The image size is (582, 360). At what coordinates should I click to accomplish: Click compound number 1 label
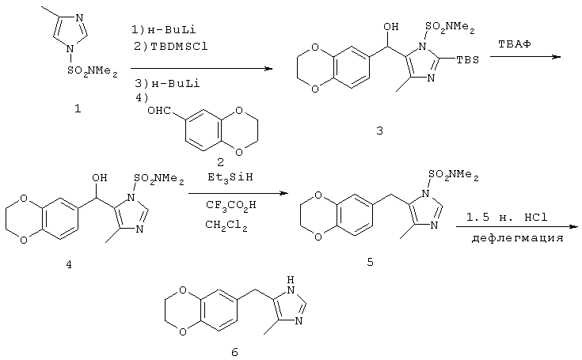pos(78,109)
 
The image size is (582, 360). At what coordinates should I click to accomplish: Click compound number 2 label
pos(220,162)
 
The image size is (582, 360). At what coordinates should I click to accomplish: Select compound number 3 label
pos(379,131)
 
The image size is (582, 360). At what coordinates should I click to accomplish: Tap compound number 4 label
pos(69,264)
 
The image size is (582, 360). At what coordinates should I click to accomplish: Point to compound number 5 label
pos(370,262)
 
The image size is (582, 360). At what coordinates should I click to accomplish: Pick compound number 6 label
pos(234,352)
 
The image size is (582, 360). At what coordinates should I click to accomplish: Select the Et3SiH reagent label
pos(230,177)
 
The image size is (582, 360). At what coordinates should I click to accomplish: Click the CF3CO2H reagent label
pos(231,205)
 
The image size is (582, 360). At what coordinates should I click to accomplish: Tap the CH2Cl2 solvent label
pos(226,225)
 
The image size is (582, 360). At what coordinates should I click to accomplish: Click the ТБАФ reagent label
pos(515,44)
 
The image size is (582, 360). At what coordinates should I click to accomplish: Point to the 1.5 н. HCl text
pos(507,217)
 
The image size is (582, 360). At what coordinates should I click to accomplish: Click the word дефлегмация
pos(517,237)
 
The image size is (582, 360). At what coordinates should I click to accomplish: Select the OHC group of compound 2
pos(159,111)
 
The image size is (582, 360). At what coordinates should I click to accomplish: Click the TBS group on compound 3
pos(468,59)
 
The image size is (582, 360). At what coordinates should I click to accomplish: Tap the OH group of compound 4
pos(100,177)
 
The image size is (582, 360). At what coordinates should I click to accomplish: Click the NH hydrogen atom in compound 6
pos(291,279)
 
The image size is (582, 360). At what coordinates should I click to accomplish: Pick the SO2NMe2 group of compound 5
pos(454,175)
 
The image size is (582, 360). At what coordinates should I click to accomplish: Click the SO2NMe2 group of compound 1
pos(93,71)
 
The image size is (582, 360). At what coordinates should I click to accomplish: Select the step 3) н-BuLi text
pos(167,83)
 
